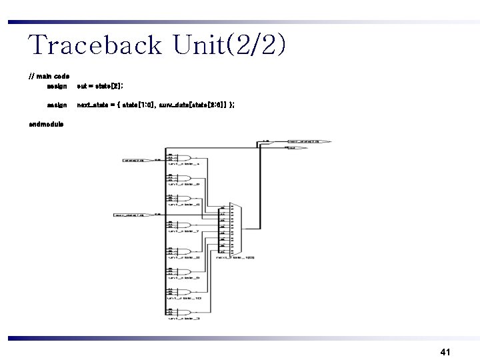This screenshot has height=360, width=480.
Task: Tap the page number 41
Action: point(446,351)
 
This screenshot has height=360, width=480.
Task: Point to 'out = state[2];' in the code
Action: point(101,86)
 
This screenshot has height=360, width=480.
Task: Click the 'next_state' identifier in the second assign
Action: point(93,105)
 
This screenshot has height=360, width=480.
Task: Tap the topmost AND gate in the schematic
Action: point(177,157)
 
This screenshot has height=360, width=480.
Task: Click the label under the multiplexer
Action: point(235,257)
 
